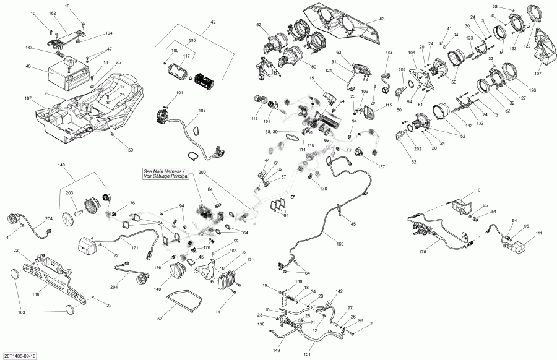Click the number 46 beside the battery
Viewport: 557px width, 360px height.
point(28,66)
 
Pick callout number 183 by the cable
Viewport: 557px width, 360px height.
point(202,111)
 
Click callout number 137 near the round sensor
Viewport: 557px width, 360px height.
point(381,167)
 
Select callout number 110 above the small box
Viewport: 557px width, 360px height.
point(477,189)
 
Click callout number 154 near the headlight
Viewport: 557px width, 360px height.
point(389,54)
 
